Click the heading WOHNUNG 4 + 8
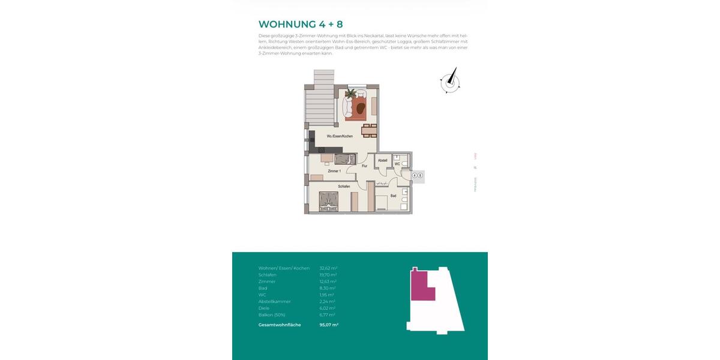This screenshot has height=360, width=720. pyautogui.click(x=301, y=24)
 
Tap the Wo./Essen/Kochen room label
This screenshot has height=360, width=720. pyautogui.click(x=340, y=136)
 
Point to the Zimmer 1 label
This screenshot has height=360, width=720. pyautogui.click(x=334, y=172)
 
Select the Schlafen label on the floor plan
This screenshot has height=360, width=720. pyautogui.click(x=344, y=187)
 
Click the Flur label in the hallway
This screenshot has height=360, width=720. pyautogui.click(x=364, y=166)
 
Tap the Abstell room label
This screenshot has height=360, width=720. pyautogui.click(x=382, y=161)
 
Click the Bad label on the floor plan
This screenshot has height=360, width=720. pyautogui.click(x=393, y=196)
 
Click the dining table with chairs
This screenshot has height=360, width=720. pyautogui.click(x=369, y=129)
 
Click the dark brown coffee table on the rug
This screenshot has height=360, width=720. pyautogui.click(x=361, y=108)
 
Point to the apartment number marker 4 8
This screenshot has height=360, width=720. pyautogui.click(x=418, y=176)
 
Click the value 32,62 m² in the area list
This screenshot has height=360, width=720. pyautogui.click(x=328, y=268)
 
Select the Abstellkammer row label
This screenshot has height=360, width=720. pyautogui.click(x=274, y=301)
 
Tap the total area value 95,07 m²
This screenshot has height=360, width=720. pyautogui.click(x=329, y=325)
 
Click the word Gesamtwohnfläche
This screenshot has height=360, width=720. pyautogui.click(x=280, y=325)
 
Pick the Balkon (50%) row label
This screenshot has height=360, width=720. pyautogui.click(x=272, y=314)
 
